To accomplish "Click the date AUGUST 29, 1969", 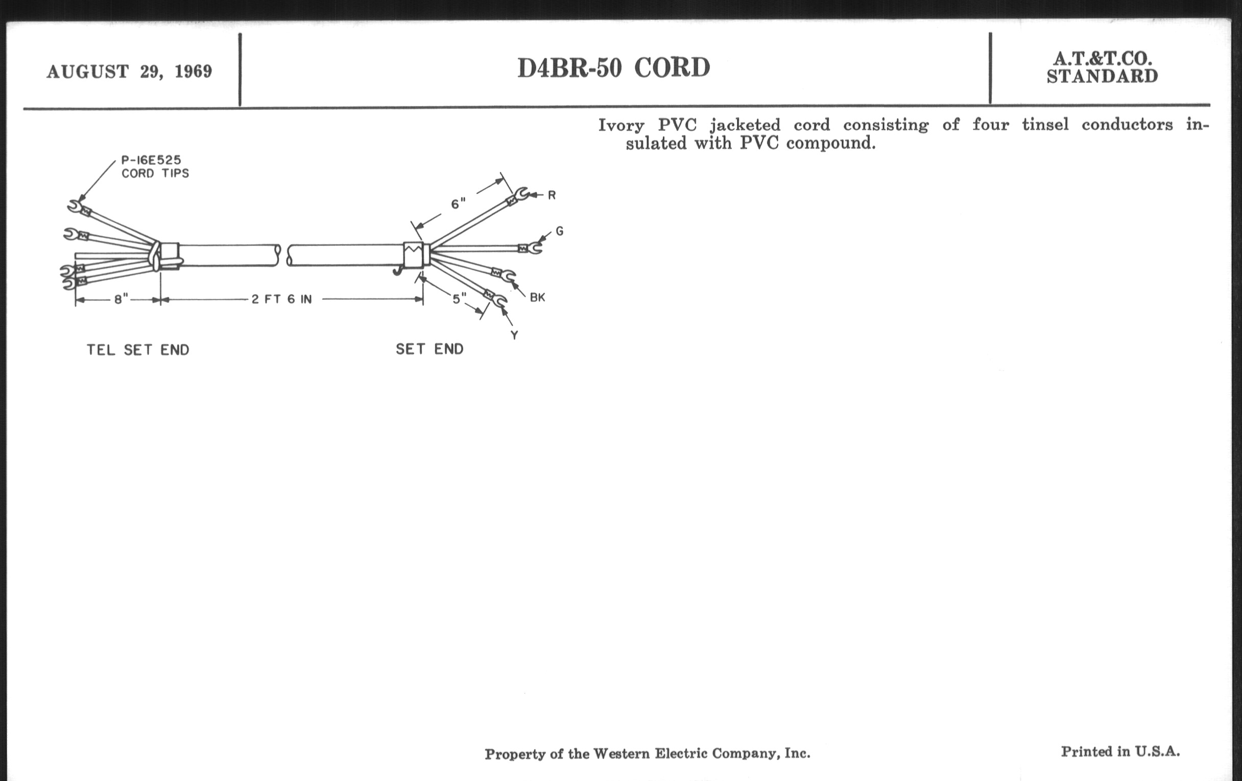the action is [130, 71].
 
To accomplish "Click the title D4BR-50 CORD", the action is [614, 68].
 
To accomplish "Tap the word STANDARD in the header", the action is [1102, 76].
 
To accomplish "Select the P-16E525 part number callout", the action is [151, 160].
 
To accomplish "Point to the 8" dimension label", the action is [121, 300].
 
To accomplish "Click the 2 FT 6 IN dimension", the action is [281, 300].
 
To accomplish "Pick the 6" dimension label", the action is [458, 204].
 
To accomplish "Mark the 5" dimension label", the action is [459, 299].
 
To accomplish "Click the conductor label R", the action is [552, 196].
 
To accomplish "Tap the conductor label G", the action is [560, 231].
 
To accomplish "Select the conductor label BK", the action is [537, 298].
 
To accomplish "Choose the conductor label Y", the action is [514, 335].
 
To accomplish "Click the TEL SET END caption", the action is [138, 350].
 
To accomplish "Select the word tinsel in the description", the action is [1045, 125].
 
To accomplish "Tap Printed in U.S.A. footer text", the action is [1120, 751].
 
